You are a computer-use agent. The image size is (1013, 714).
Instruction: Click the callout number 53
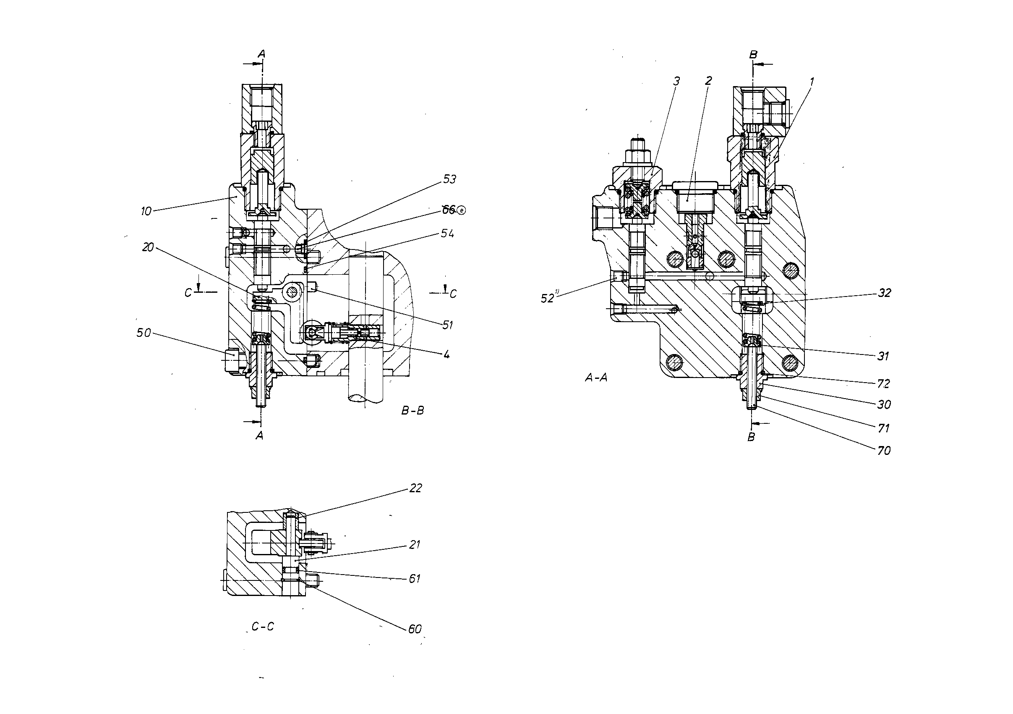pos(449,179)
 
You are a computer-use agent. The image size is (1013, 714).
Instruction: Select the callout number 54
pos(447,234)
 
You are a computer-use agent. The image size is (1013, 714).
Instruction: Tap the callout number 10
pos(146,212)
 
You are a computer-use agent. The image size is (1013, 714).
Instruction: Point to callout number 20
pos(148,248)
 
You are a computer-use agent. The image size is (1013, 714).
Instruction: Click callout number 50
pos(144,333)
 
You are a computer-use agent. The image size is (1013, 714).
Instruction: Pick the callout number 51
pos(447,325)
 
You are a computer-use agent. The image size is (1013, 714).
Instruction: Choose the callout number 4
pos(446,354)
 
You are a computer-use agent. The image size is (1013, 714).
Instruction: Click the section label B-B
pos(413,411)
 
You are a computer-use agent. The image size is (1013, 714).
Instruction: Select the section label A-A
pos(596,378)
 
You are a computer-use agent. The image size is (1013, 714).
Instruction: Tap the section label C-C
pos(263,627)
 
